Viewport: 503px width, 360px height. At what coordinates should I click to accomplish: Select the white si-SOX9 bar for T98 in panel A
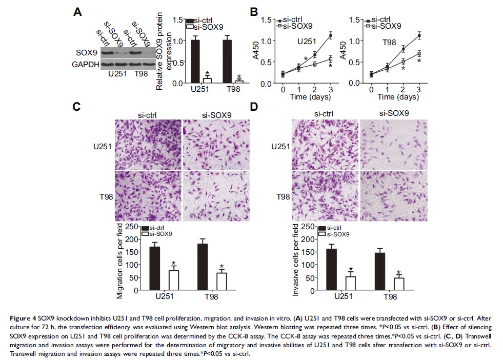click(x=239, y=81)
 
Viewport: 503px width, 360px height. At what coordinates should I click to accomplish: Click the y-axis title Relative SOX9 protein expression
click(x=164, y=51)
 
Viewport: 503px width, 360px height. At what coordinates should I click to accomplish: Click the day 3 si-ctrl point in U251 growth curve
click(x=331, y=35)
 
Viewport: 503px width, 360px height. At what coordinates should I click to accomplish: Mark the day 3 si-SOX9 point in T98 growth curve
click(x=419, y=53)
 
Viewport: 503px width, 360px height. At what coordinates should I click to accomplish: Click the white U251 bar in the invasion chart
click(x=350, y=284)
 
